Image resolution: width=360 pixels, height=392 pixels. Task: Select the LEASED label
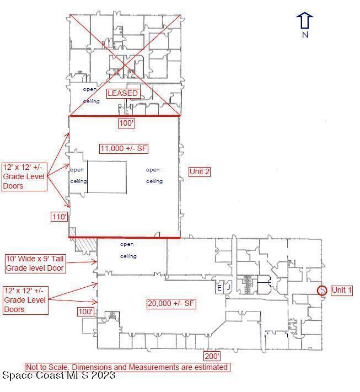pos(122,93)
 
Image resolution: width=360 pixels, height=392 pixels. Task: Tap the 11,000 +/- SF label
pos(123,148)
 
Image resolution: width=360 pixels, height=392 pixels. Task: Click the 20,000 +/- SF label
pos(171,303)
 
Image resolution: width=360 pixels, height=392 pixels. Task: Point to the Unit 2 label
pos(199,171)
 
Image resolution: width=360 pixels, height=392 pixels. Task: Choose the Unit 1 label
pos(341,290)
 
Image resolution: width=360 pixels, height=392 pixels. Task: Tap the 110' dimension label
pos(59,217)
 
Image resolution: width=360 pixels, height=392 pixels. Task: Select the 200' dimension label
pos(212,356)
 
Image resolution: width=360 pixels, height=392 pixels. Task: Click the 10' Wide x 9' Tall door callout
pos(35,264)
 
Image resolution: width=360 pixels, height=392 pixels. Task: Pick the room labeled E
pos(219,288)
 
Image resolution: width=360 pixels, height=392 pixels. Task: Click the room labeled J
pos(228,287)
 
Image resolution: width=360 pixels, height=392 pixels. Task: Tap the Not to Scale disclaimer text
pos(127,367)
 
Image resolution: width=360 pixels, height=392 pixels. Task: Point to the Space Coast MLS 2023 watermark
pos(59,375)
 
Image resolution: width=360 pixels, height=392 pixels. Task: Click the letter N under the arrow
pos(305,35)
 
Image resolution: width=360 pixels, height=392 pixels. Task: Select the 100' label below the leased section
pos(126,123)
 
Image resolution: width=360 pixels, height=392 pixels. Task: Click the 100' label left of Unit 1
pos(86,312)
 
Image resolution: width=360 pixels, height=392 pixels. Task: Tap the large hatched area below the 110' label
pos(86,244)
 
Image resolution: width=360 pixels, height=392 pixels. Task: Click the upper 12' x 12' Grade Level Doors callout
pos(24,177)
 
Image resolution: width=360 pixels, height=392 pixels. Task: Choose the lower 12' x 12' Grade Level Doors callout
pos(25,300)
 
